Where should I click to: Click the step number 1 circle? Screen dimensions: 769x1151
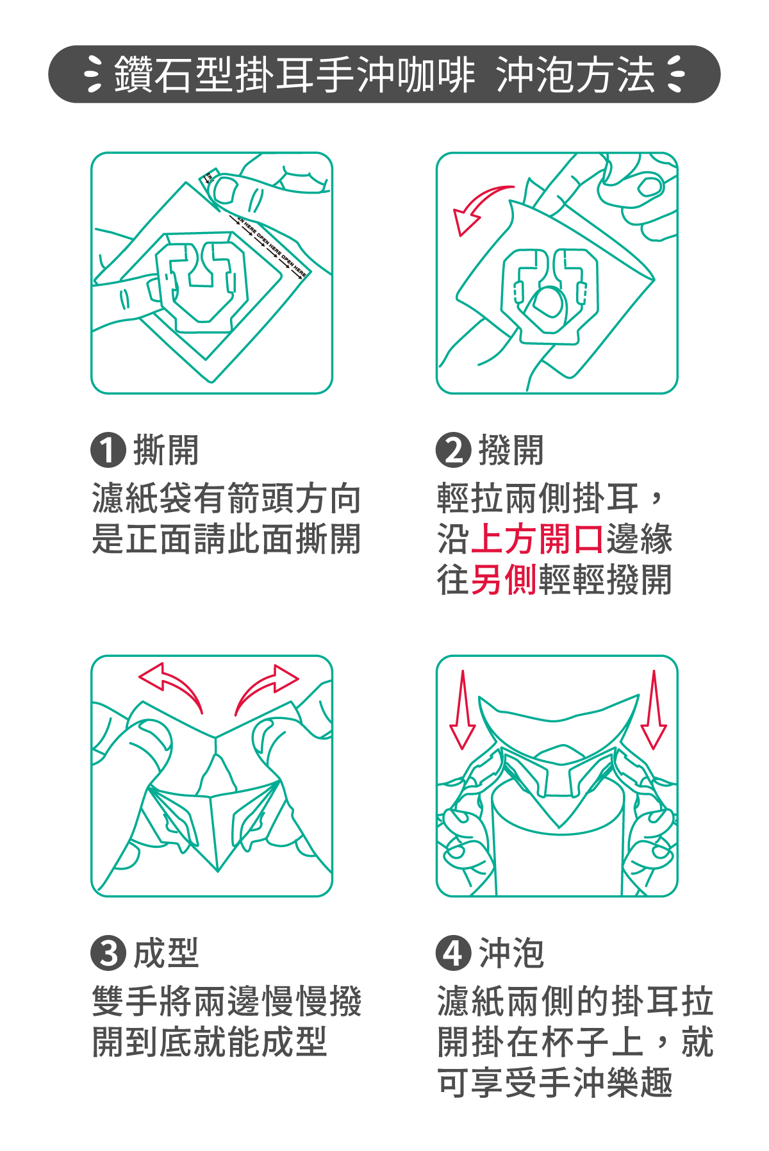tap(108, 450)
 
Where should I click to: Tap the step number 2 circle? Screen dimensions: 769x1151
tap(454, 450)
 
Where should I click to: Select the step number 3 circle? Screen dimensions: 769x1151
tap(108, 953)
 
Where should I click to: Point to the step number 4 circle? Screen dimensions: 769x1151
tap(454, 953)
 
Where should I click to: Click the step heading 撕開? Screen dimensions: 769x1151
tap(166, 450)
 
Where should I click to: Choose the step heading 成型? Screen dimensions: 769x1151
tap(166, 953)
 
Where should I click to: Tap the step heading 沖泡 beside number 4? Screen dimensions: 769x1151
tap(511, 953)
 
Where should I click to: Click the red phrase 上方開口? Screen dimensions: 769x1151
tap(537, 539)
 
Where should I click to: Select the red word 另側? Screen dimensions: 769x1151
tap(504, 580)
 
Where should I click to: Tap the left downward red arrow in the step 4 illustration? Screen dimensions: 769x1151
tap(462, 710)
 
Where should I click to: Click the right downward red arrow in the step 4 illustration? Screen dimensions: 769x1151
tap(654, 710)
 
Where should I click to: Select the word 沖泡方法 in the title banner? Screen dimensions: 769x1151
tap(575, 74)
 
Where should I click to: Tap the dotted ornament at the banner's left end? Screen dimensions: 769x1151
tap(94, 74)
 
